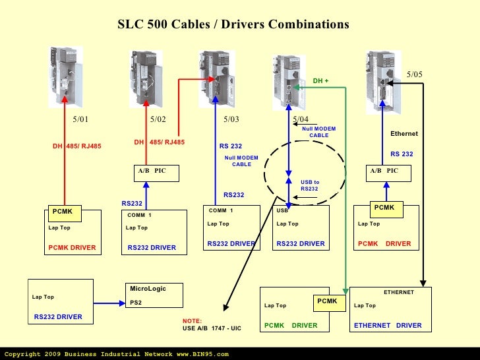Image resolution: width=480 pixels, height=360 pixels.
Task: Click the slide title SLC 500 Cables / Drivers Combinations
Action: coord(233,24)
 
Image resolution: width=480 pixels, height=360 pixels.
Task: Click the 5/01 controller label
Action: coord(80,119)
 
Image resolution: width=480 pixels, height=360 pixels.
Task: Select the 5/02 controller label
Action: coord(158,119)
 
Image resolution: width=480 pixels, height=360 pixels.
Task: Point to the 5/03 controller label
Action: coord(231,119)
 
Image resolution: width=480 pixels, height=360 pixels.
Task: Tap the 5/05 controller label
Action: coord(414,75)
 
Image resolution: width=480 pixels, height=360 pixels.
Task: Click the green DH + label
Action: coord(320,81)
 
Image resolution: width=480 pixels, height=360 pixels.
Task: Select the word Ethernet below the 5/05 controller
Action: coord(404,134)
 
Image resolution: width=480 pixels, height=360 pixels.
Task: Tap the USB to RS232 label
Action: coord(309,185)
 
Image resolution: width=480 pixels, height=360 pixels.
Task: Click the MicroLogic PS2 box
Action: coord(154,295)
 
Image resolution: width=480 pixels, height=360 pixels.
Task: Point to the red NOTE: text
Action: coord(192,320)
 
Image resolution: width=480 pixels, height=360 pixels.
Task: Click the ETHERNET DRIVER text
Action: coord(388,326)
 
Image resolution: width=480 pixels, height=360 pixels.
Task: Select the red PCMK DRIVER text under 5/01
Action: coord(72,247)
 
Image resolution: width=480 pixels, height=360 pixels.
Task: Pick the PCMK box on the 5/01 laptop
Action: coord(63,212)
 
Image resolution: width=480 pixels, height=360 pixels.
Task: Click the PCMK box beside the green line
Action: coord(327,301)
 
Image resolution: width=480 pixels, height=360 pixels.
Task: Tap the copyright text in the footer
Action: coord(116,354)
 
